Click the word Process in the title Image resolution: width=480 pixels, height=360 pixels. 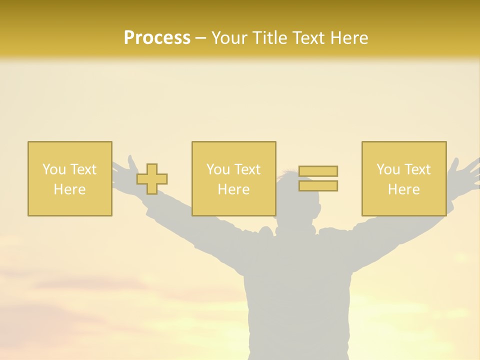[x=157, y=38]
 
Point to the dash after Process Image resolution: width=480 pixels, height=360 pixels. [x=200, y=38]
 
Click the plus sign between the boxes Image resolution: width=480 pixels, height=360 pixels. [x=152, y=179]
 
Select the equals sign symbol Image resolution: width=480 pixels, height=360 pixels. [x=318, y=178]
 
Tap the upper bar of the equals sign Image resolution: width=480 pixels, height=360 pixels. [x=318, y=171]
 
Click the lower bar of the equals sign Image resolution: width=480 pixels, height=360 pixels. [x=318, y=186]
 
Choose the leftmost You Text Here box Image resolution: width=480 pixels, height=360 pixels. [x=70, y=178]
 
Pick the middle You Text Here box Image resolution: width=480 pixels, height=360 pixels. [x=233, y=178]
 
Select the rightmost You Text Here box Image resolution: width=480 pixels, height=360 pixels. [x=403, y=178]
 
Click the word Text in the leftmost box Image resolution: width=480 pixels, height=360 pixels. [x=83, y=169]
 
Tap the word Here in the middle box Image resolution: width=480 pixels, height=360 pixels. [x=233, y=189]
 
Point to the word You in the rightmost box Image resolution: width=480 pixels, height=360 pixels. [x=388, y=169]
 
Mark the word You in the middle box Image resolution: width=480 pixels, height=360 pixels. [x=218, y=169]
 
